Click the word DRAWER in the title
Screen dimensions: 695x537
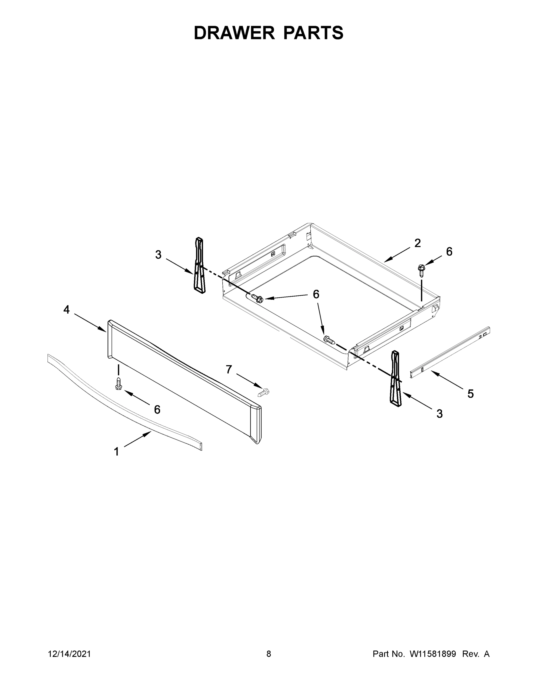pyautogui.click(x=234, y=33)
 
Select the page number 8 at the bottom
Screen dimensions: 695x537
pyautogui.click(x=269, y=654)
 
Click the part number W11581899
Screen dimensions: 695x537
pyautogui.click(x=433, y=654)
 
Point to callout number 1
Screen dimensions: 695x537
pyautogui.click(x=116, y=451)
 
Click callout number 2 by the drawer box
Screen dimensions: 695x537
pyautogui.click(x=417, y=243)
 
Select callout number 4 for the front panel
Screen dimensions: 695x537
pyautogui.click(x=66, y=309)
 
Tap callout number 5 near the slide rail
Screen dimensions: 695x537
pyautogui.click(x=470, y=394)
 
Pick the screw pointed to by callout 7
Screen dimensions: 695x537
pyautogui.click(x=263, y=392)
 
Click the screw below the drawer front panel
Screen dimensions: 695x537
pyautogui.click(x=119, y=383)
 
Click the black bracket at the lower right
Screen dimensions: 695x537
pyautogui.click(x=396, y=378)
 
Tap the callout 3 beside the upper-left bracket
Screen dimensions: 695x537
pyautogui.click(x=158, y=255)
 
